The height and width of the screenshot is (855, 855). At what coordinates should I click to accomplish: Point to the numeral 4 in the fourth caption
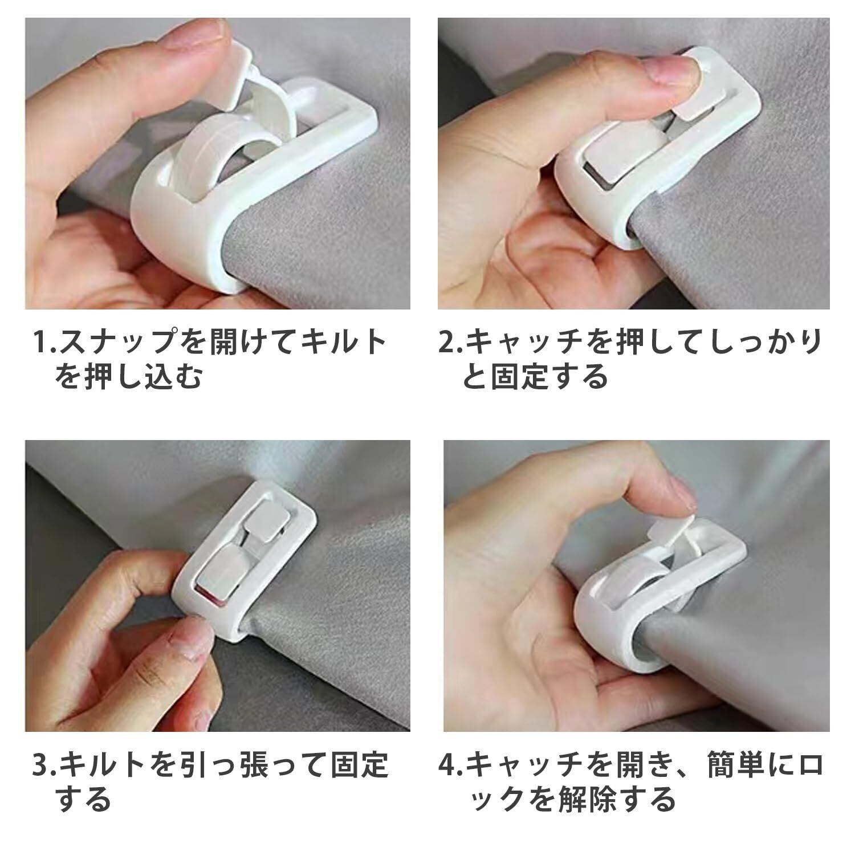click(446, 766)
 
